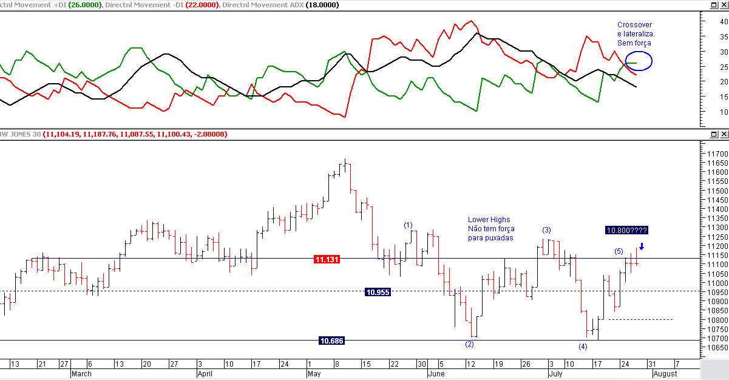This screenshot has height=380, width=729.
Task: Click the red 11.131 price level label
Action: (x=327, y=259)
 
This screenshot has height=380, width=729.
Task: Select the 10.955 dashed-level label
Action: (x=378, y=292)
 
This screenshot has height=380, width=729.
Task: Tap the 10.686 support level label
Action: (x=331, y=341)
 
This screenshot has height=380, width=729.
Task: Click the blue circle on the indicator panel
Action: (x=639, y=61)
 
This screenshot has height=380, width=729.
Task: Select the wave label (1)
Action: (x=408, y=225)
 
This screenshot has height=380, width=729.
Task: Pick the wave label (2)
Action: (x=469, y=345)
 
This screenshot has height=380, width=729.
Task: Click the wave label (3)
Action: (x=546, y=230)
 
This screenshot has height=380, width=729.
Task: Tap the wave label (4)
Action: (x=583, y=347)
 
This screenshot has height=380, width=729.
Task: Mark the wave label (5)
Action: (x=618, y=251)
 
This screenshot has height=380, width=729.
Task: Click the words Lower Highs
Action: (x=489, y=220)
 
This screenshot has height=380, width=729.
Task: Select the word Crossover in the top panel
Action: (x=634, y=25)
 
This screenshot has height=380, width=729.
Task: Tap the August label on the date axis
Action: (x=665, y=374)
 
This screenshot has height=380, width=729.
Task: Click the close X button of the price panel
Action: (x=724, y=134)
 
